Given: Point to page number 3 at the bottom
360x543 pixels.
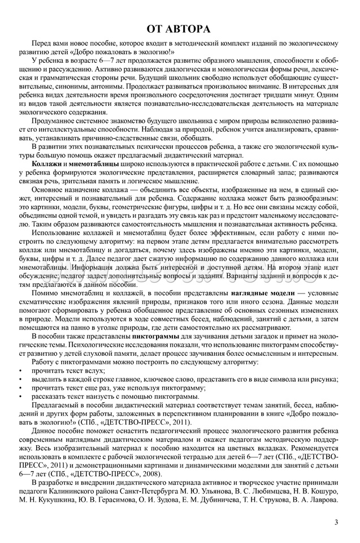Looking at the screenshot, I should (336, 522).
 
